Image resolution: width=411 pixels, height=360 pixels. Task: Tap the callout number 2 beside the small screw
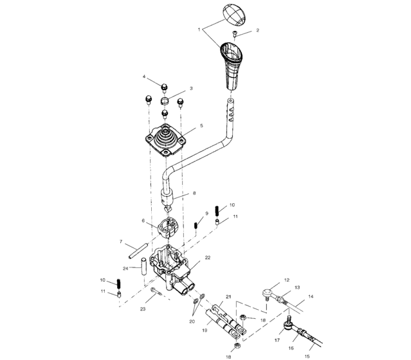pyautogui.click(x=257, y=30)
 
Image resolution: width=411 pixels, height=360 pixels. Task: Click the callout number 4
pyautogui.click(x=145, y=78)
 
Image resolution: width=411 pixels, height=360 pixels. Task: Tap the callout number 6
pyautogui.click(x=143, y=221)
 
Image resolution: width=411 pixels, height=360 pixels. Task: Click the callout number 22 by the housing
pyautogui.click(x=208, y=257)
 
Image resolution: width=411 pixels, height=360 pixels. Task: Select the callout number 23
pyautogui.click(x=143, y=309)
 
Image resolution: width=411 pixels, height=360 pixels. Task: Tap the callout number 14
pyautogui.click(x=311, y=297)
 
